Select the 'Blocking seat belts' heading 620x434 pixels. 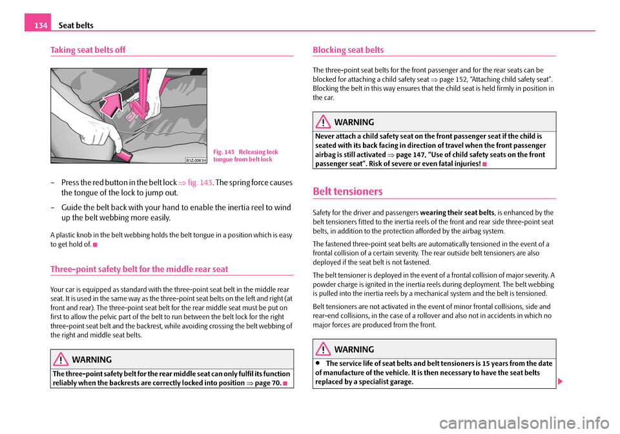[347, 50]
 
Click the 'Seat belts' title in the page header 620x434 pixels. [77, 25]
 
